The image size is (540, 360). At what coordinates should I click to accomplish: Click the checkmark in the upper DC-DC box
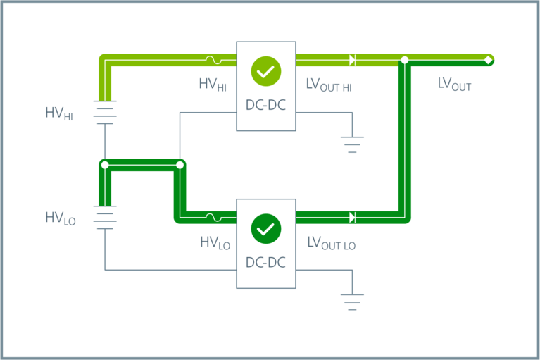tap(265, 70)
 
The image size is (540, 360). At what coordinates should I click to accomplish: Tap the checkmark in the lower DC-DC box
tap(265, 228)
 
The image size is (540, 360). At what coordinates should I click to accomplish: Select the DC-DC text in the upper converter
tap(265, 106)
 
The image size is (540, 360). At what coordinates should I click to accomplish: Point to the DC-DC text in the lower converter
tap(265, 263)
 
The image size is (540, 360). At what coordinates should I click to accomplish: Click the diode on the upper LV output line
tap(352, 60)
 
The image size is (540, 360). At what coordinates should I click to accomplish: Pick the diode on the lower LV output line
tap(352, 217)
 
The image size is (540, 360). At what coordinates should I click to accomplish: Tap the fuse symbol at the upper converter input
tap(212, 60)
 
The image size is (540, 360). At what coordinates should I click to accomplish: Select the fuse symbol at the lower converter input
tap(212, 217)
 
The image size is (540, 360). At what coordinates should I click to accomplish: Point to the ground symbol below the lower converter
tap(352, 302)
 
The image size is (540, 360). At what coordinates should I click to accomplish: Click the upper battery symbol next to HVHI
tap(105, 112)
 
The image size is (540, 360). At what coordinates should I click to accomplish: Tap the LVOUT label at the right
tap(454, 85)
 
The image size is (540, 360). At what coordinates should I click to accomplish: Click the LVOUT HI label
tap(329, 85)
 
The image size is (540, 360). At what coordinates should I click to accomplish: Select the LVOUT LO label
tap(331, 243)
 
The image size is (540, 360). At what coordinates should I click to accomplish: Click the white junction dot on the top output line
tap(404, 60)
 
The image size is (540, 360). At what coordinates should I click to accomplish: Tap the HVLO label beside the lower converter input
tap(215, 243)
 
